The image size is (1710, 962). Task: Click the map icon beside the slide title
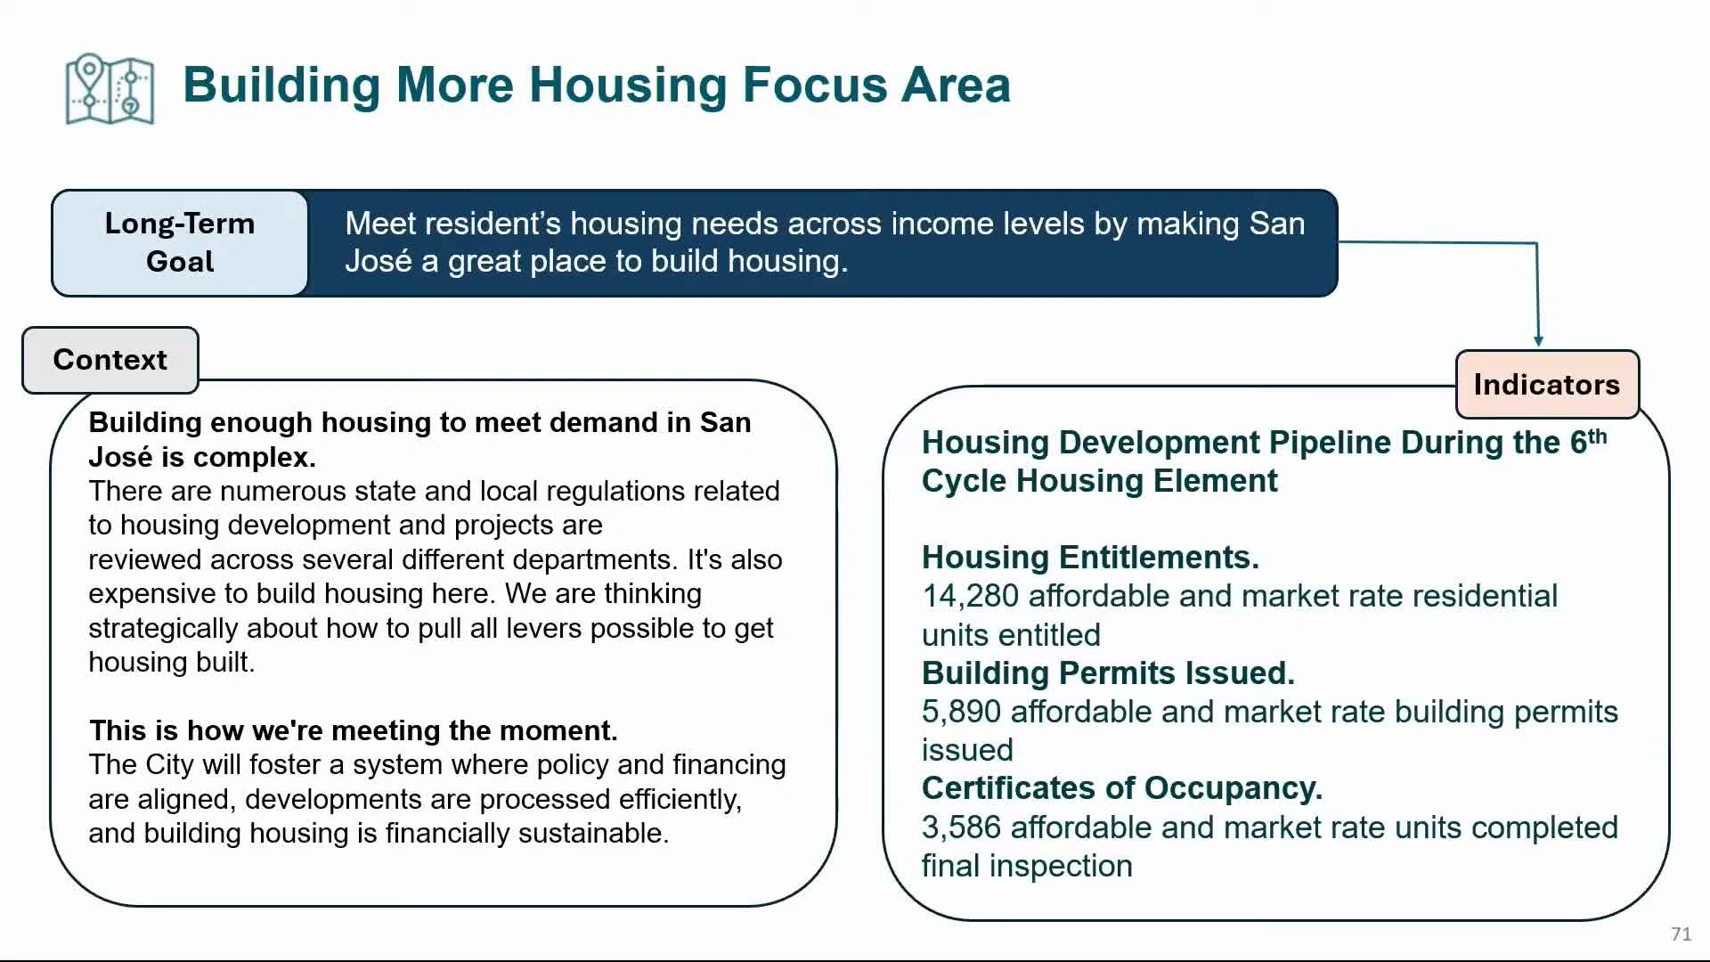pos(110,89)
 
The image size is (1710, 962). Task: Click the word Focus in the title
pos(814,86)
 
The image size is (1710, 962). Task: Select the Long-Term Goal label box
pos(180,242)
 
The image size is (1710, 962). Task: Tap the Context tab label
pos(110,360)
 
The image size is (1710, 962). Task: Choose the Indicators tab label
pos(1547,384)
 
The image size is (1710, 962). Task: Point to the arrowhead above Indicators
pos(1538,340)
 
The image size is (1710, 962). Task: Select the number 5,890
pos(962,712)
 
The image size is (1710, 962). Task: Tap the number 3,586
pos(962,827)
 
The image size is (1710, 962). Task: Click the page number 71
pos(1681,933)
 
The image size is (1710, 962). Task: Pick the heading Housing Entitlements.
pos(1090,558)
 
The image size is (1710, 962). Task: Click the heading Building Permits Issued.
pos(1108,673)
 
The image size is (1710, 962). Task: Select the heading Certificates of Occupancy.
pos(1122,788)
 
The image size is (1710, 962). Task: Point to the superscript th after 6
pos(1598,436)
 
